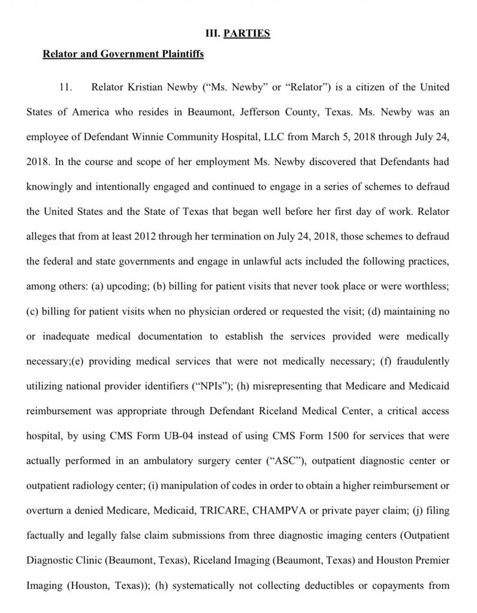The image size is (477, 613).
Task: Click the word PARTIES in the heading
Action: tap(246, 34)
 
